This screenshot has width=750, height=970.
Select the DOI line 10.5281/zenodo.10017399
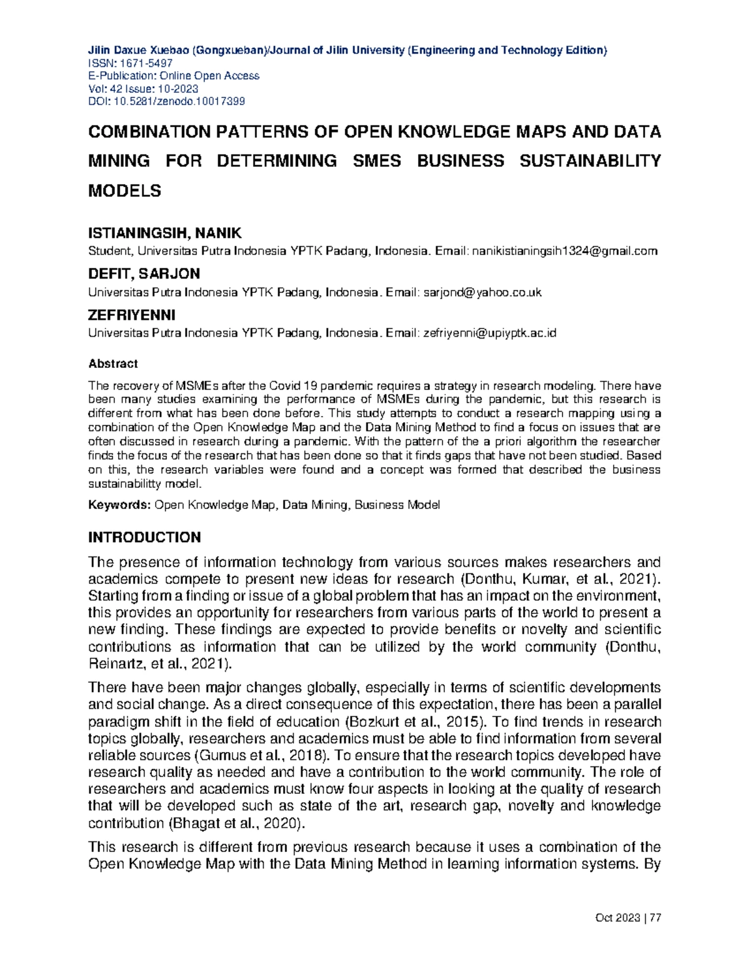click(166, 101)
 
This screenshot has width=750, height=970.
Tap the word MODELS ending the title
click(124, 191)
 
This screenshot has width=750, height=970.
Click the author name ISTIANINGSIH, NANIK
click(164, 234)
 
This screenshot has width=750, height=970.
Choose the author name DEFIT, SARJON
click(144, 274)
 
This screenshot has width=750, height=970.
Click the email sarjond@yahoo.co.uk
click(482, 292)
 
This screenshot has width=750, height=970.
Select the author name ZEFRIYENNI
click(131, 314)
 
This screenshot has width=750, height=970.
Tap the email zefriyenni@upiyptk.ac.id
click(489, 333)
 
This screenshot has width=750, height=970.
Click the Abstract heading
click(112, 364)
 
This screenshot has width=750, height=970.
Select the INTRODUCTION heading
click(144, 538)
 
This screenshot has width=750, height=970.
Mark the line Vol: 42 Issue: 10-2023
click(143, 88)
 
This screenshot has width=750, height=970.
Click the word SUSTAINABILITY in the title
click(590, 161)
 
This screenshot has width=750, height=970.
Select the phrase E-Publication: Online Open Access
click(174, 76)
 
